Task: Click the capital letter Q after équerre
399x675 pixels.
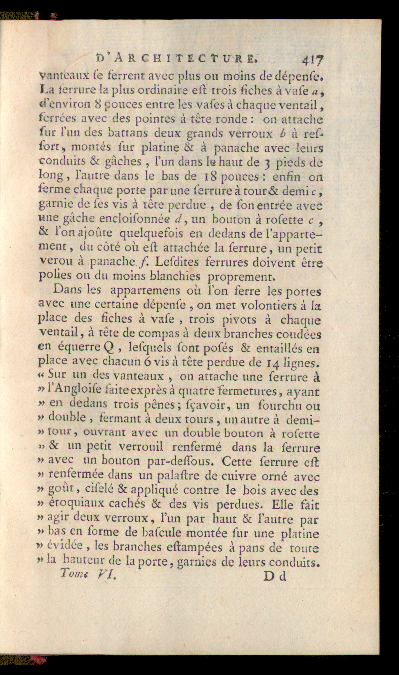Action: click(x=110, y=348)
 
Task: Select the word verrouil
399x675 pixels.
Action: click(x=141, y=447)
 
